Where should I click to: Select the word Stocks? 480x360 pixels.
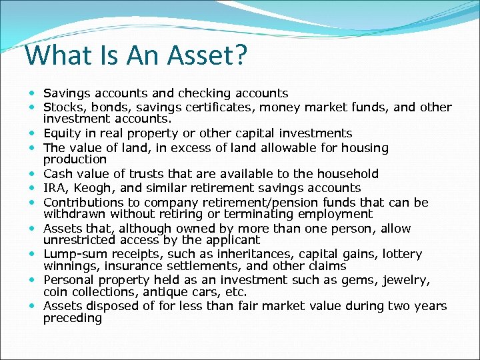(x=61, y=107)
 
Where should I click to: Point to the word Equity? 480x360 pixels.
(x=61, y=133)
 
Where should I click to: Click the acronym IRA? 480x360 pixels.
(x=55, y=188)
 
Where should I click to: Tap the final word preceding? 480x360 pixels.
(x=73, y=318)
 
